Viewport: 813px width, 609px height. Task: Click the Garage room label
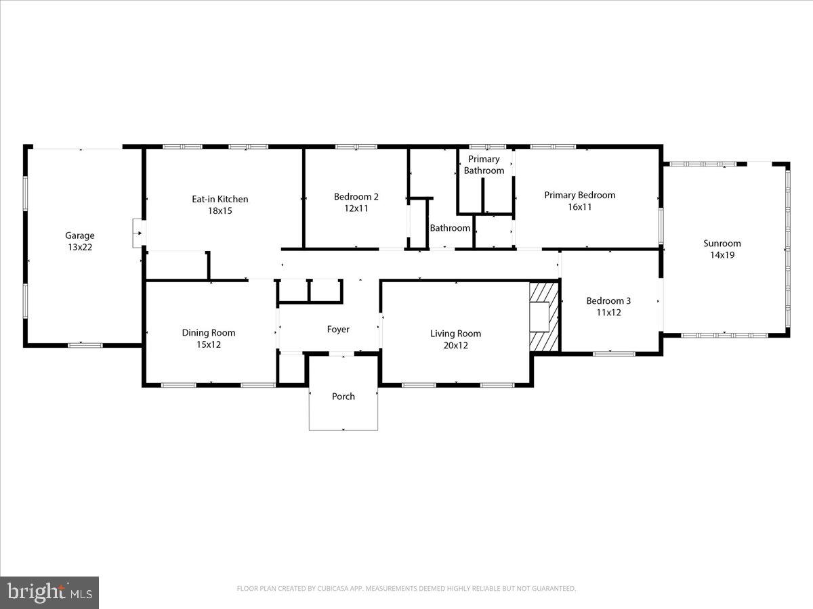point(79,235)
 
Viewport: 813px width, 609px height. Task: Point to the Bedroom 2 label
point(356,197)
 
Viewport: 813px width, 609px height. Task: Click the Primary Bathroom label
point(484,165)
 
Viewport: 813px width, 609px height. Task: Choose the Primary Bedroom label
point(580,195)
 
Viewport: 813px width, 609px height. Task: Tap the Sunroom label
point(722,244)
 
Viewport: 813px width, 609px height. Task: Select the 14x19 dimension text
point(722,255)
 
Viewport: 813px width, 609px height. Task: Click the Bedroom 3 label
point(608,300)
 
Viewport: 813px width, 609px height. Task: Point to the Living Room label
point(455,333)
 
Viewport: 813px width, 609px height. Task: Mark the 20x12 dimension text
point(455,345)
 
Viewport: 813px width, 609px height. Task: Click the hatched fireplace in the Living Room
point(544,317)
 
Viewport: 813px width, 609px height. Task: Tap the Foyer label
point(338,330)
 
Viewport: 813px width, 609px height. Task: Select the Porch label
point(343,396)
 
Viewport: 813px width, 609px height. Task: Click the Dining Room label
point(209,332)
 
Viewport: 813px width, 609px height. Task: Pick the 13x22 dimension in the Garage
point(79,248)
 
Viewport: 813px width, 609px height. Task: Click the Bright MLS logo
point(49,592)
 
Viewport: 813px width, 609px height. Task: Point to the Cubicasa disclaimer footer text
point(406,589)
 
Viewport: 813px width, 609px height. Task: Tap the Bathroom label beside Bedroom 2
point(450,228)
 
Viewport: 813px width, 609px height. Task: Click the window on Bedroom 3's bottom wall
point(614,353)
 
